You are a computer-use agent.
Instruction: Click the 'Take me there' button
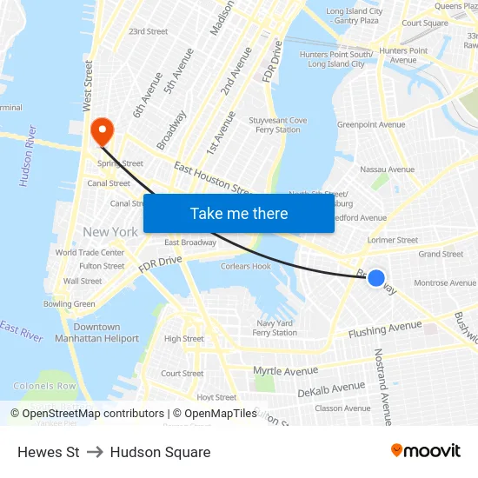pos(239,213)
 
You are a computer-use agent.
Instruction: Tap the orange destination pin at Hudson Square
pos(102,131)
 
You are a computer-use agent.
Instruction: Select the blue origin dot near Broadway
pos(376,278)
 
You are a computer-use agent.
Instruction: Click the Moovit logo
pos(425,451)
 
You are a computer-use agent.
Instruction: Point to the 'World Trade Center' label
pos(90,253)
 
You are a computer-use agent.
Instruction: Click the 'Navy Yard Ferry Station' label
pos(276,328)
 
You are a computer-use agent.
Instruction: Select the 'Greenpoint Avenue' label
pos(371,125)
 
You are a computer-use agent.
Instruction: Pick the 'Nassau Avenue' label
pos(387,169)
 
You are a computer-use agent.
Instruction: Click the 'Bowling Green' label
pos(70,304)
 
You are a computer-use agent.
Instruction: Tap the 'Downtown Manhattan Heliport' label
pos(96,333)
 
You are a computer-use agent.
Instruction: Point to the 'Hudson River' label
pos(29,156)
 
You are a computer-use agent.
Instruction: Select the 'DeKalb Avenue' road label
pos(331,388)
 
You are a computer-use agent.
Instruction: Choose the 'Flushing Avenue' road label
pos(385,329)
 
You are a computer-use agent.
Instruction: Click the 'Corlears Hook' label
pos(246,267)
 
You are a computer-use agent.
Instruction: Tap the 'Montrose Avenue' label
pos(445,283)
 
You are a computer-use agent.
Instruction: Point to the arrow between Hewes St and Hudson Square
pos(95,452)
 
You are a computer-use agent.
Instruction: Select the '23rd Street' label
pos(148,31)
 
